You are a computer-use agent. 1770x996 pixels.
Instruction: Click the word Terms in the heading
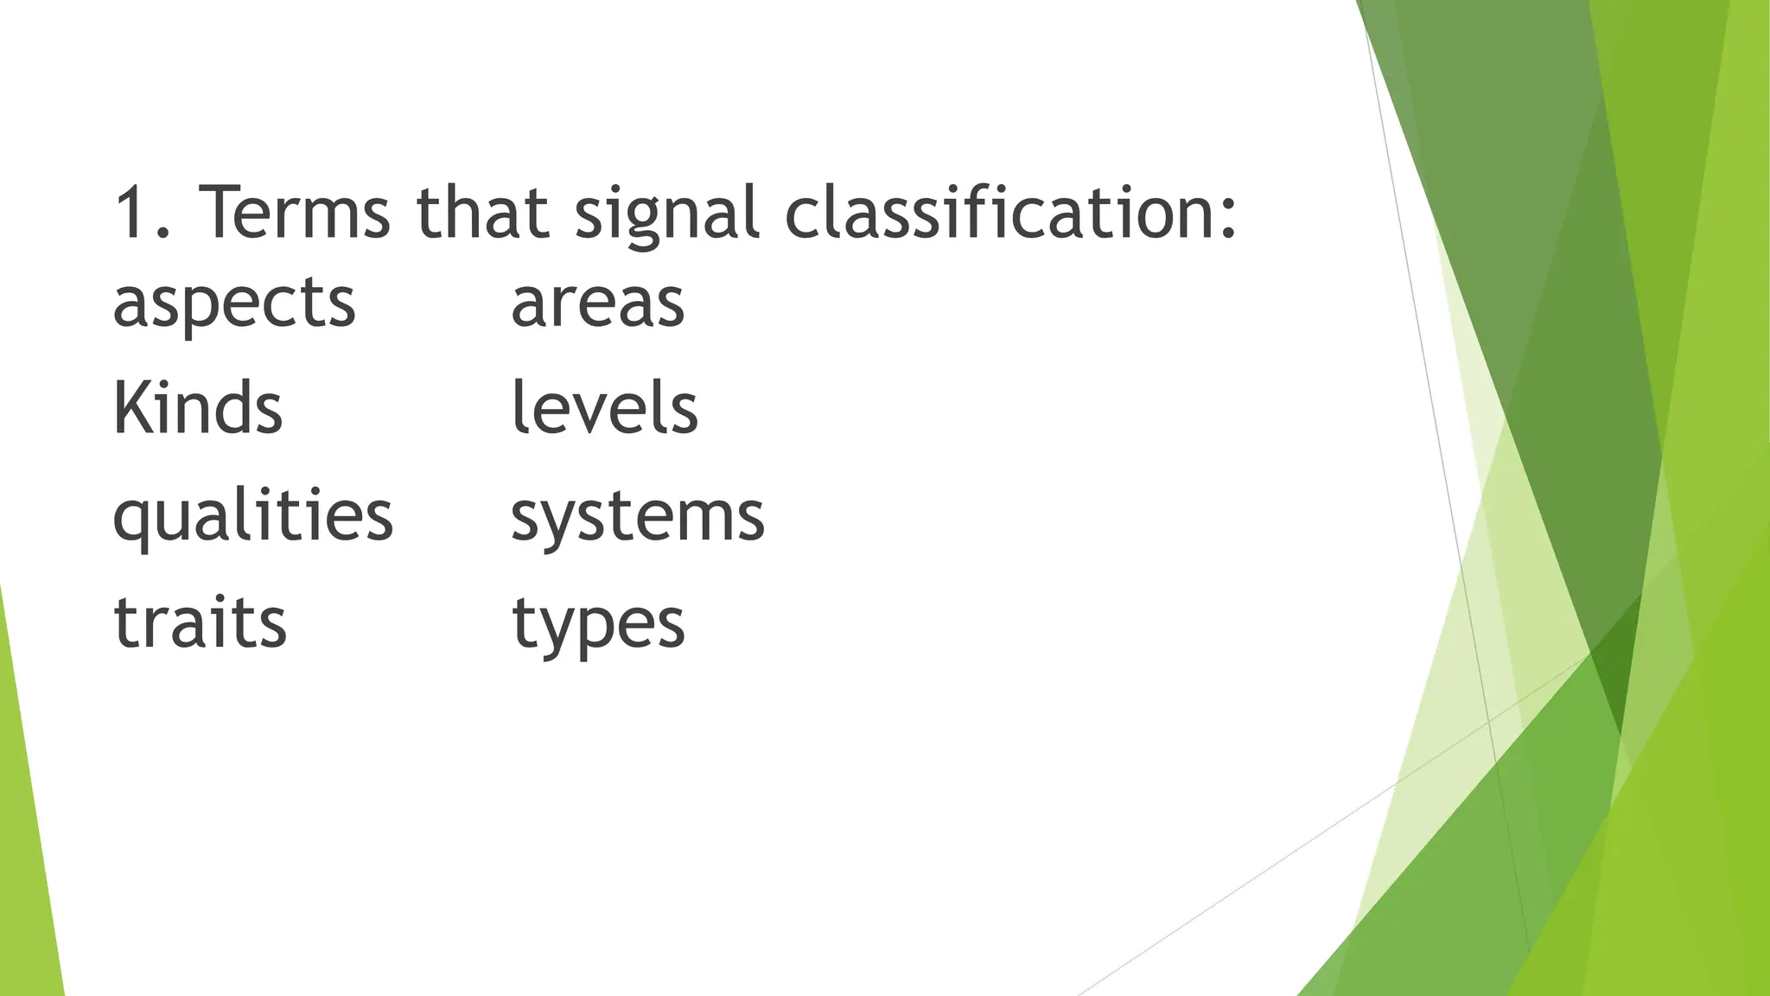(x=294, y=212)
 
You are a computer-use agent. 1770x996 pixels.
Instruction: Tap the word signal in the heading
(x=666, y=212)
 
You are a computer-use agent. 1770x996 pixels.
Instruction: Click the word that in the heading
(x=482, y=212)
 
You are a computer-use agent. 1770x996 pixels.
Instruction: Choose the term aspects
(x=234, y=304)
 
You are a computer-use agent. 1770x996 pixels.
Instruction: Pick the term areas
(x=597, y=304)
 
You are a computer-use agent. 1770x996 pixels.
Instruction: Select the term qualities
(x=253, y=517)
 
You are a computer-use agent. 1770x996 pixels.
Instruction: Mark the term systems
(x=638, y=517)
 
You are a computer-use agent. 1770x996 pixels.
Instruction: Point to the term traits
(x=200, y=622)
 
